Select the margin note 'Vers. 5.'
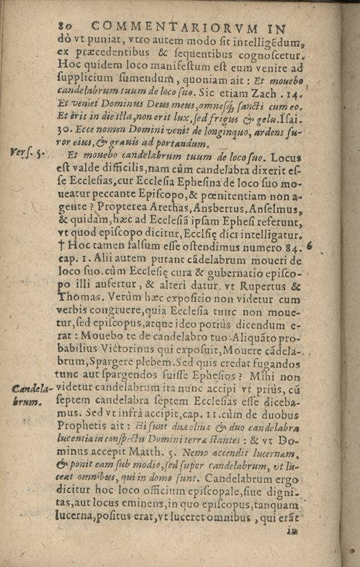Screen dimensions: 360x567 (x=24, y=152)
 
